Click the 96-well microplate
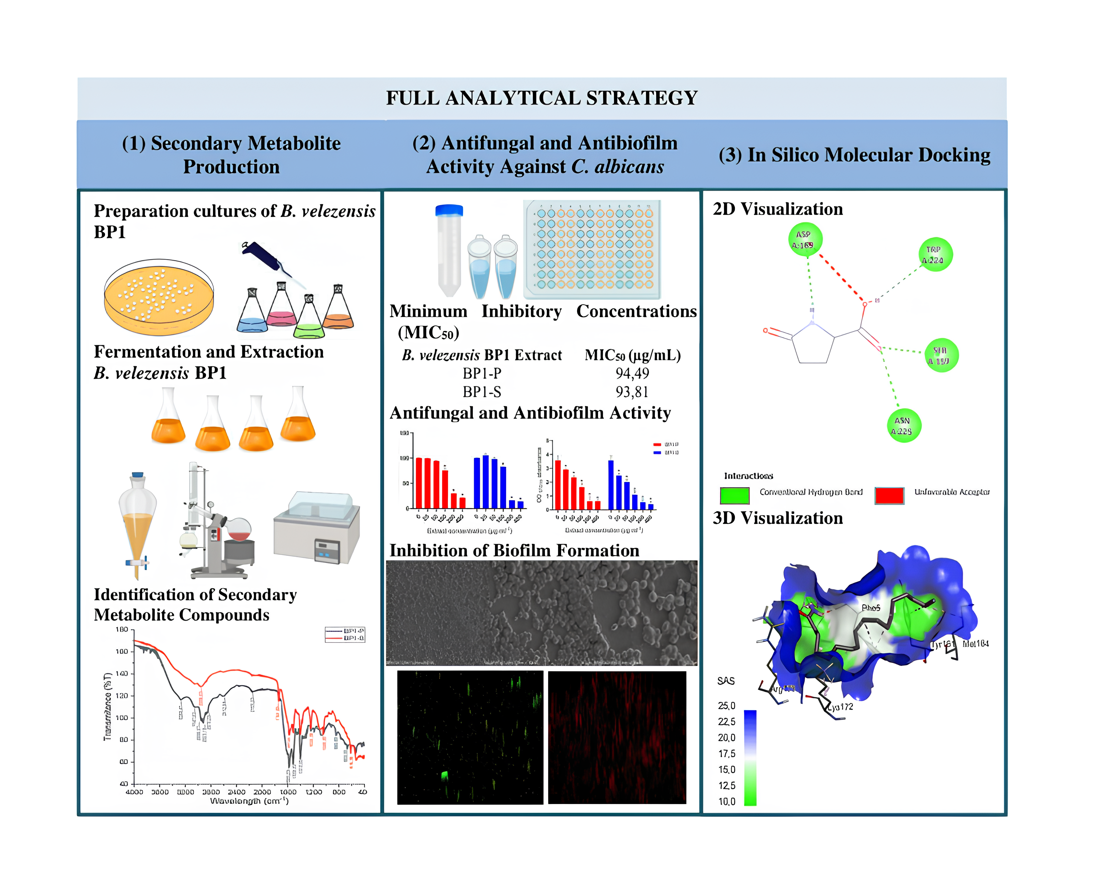click(x=592, y=249)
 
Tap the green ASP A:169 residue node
click(x=805, y=240)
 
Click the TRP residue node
click(x=935, y=254)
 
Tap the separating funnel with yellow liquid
click(x=137, y=522)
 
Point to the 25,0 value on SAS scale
click(x=726, y=706)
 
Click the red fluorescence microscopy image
click(x=617, y=738)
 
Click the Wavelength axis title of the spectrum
click(x=250, y=800)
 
